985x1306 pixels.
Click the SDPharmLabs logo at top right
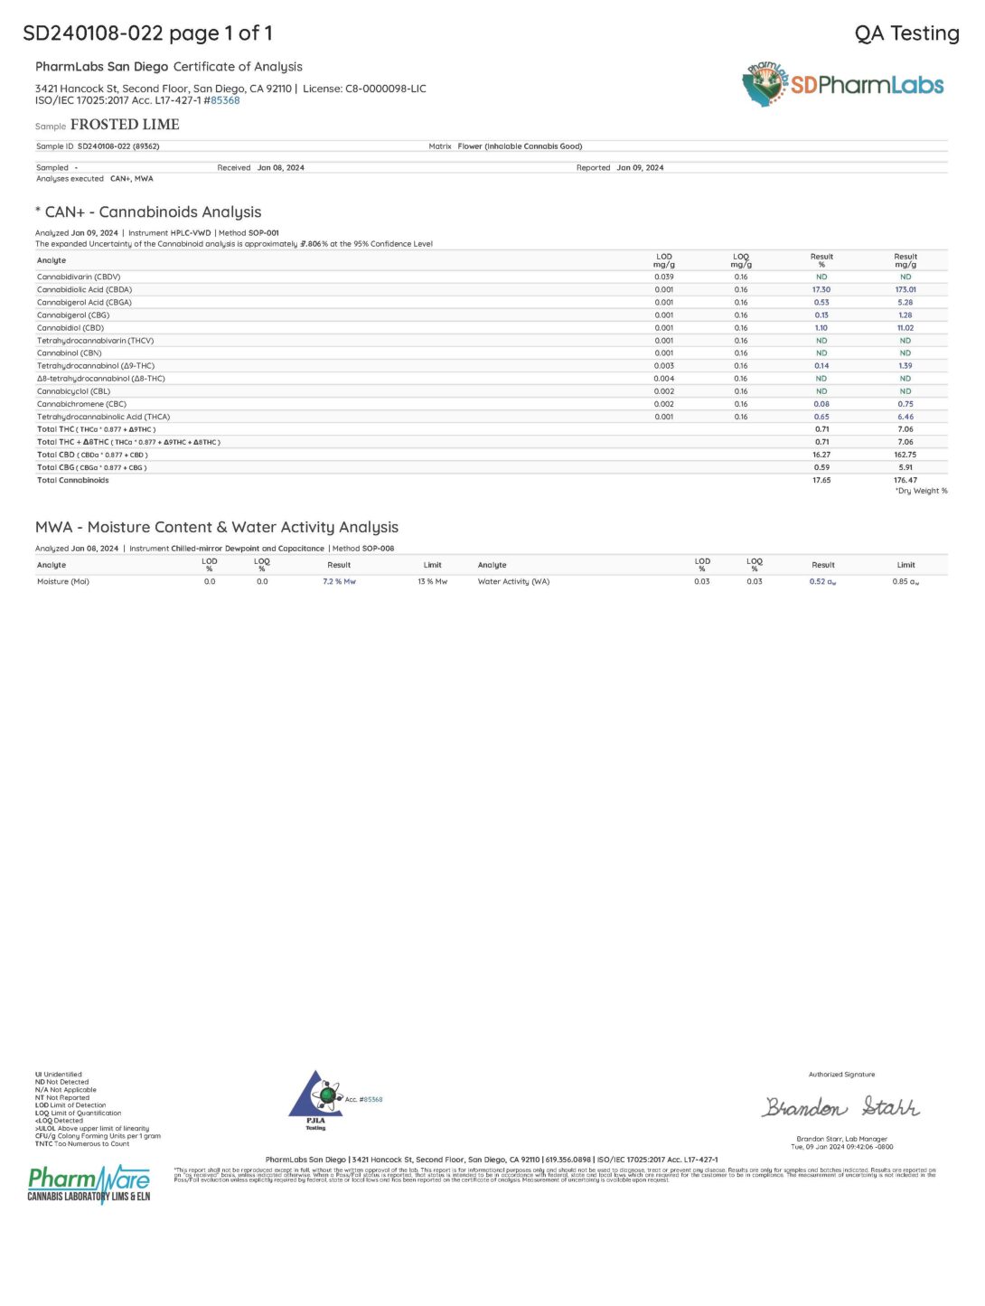coord(842,85)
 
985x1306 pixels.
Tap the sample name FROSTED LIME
coord(125,125)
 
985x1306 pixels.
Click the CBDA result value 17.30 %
coord(821,290)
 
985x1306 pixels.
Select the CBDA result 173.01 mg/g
coord(905,290)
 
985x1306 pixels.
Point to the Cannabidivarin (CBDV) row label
coord(79,277)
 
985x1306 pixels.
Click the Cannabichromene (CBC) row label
coord(81,404)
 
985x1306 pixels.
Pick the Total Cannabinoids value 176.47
coord(905,480)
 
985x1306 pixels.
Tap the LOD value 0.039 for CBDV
coord(663,277)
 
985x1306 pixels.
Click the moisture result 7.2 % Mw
coord(339,582)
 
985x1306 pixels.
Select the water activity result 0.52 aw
coord(822,582)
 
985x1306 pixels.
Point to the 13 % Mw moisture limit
coord(432,582)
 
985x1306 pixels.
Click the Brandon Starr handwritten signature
coord(840,1107)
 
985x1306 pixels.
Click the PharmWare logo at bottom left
coord(89,1183)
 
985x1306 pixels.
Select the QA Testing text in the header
coord(906,33)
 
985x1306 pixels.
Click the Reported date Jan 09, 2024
coord(640,168)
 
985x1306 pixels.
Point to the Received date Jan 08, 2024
coord(280,168)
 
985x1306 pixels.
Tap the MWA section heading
coord(217,527)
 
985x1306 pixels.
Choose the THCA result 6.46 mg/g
coord(905,417)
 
